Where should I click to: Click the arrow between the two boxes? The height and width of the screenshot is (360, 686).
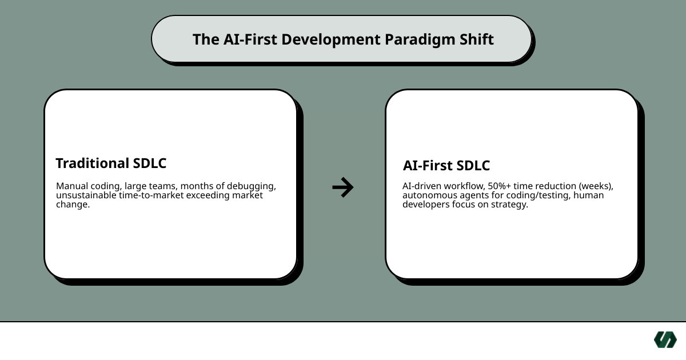[x=343, y=187]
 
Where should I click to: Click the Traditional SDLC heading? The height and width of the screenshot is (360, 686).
[x=111, y=163]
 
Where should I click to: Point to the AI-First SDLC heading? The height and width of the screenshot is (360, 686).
[x=446, y=166]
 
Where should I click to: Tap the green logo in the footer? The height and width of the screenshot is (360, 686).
[x=665, y=339]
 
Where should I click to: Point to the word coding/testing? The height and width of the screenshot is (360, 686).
[x=535, y=195]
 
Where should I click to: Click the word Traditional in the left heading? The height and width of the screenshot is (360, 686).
[x=92, y=163]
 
